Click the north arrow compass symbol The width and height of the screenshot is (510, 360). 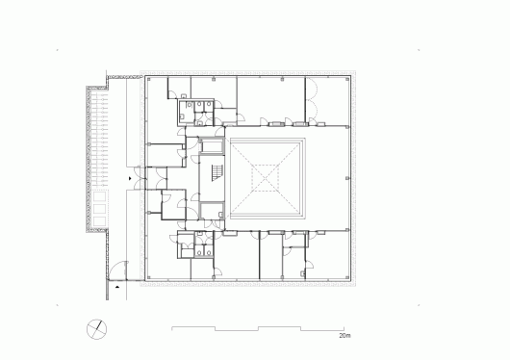pos(96,329)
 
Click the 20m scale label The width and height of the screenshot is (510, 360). pos(344,336)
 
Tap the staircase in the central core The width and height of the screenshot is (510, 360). pos(217,173)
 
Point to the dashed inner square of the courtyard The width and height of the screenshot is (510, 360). pos(265,178)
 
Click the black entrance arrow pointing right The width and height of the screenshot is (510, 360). pos(130,178)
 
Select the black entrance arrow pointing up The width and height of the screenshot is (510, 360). pos(117,287)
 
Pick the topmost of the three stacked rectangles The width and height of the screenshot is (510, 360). pos(99,197)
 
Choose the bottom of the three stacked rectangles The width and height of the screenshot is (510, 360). pos(99,221)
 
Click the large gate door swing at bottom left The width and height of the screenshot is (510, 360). pos(117,270)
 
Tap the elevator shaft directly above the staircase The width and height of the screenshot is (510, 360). pos(212,145)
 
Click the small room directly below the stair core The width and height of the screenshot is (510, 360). pos(212,211)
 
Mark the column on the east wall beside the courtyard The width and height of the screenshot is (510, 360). pos(347,178)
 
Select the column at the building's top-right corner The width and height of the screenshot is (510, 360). pos(348,78)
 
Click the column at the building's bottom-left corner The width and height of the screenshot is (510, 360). pos(148,277)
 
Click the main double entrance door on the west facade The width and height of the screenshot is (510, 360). pos(140,178)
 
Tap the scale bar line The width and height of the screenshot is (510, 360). pos(258,328)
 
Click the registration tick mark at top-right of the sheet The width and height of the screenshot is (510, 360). pos(419,50)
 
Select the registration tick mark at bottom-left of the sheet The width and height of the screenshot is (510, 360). pos(57,305)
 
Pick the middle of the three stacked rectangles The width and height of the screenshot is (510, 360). pos(99,209)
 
